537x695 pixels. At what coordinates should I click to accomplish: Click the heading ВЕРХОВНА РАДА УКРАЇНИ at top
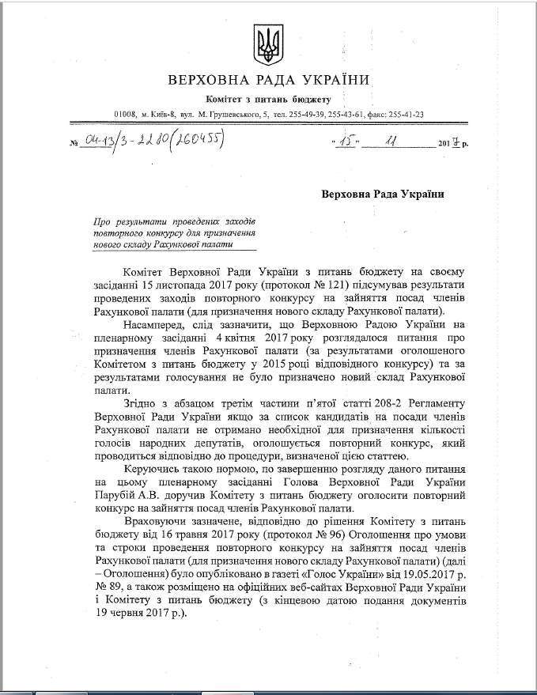269,81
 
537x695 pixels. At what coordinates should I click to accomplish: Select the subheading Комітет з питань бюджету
268,100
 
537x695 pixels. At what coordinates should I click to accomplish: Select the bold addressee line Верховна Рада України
382,194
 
